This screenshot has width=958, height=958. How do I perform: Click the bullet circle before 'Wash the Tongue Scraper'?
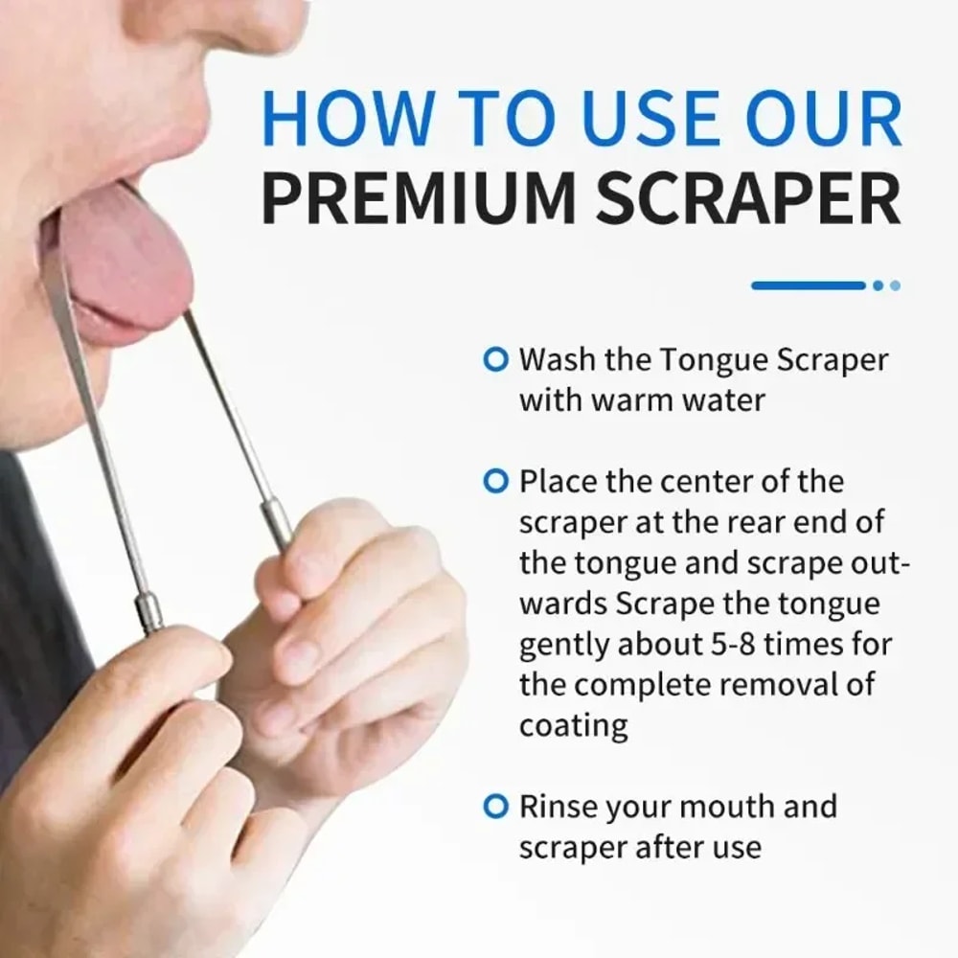[494, 360]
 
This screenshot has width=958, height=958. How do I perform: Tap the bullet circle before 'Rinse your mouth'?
[494, 807]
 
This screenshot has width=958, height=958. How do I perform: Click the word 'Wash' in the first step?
[557, 360]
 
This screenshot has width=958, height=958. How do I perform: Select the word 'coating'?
[574, 726]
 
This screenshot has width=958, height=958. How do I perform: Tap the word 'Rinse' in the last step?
[559, 807]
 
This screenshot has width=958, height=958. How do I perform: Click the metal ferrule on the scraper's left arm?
[150, 613]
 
